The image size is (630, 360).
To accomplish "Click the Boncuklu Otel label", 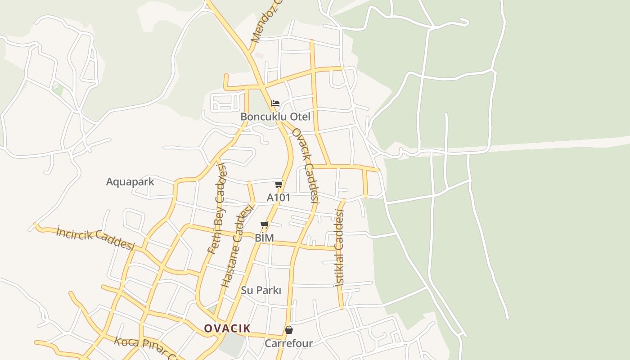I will click(275, 117).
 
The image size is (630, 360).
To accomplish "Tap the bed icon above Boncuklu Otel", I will click(275, 103).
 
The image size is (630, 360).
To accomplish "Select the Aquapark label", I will click(130, 182).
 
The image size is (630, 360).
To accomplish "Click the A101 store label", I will click(279, 198).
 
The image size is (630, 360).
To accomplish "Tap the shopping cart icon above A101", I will click(279, 184).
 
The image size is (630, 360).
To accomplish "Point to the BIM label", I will click(264, 238).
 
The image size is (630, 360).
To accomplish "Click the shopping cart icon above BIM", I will click(265, 225).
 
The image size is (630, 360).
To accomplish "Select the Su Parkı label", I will click(261, 290).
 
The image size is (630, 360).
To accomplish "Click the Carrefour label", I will click(288, 343).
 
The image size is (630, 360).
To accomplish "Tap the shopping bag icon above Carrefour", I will click(289, 330).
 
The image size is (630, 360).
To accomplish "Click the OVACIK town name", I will click(227, 328).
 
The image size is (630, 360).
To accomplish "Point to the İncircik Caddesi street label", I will click(96, 238).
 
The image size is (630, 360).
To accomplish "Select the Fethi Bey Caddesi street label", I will click(217, 208).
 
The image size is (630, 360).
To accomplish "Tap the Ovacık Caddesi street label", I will click(306, 165).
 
